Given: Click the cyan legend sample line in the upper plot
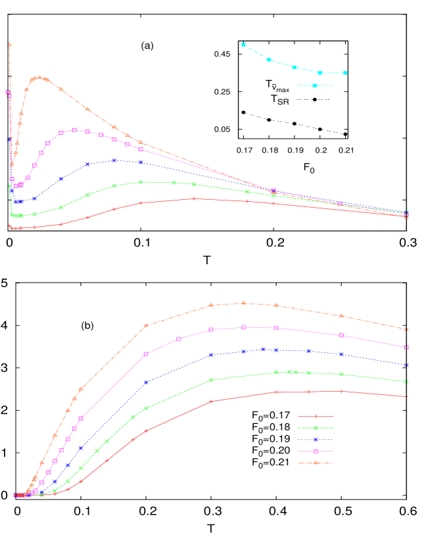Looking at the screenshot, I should point(314,85).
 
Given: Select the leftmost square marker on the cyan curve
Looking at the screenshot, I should point(244,45).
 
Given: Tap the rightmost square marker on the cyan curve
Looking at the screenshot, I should point(345,73).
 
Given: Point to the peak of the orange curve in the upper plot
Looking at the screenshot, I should point(40,77).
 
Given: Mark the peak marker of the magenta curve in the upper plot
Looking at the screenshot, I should point(74,130).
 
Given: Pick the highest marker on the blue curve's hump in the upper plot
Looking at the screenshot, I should point(114,160).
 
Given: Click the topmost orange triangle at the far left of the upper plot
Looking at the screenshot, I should point(9,45).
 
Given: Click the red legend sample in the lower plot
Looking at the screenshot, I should point(316,416).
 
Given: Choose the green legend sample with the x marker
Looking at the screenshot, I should point(316,428).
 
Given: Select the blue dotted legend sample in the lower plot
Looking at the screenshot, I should point(316,440).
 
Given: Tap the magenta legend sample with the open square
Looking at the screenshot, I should point(316,451).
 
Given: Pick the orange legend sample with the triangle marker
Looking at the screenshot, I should point(316,463).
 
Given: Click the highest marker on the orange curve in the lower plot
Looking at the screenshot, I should point(244,303).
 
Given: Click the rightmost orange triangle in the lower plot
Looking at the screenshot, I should point(407,329).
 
